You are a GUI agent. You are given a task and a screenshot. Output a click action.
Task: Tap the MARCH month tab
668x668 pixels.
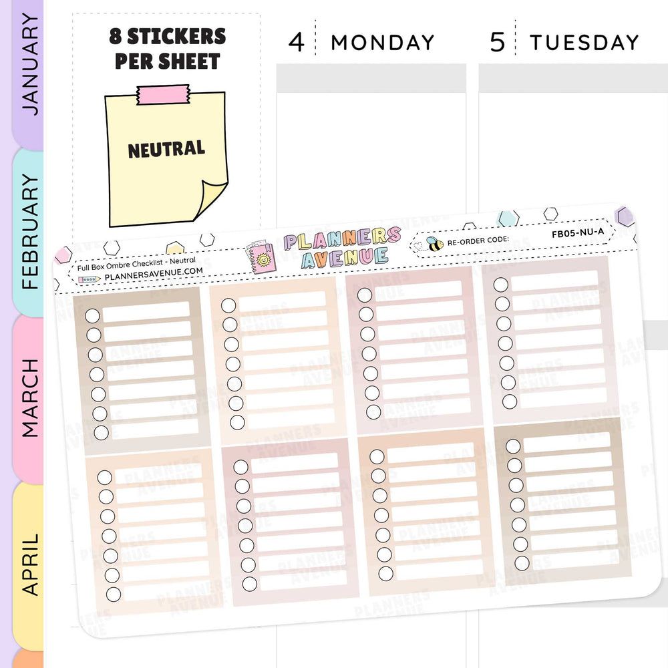(30, 397)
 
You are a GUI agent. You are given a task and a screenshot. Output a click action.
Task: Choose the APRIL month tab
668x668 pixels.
(30, 564)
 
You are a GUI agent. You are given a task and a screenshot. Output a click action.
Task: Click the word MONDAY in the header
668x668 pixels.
(383, 43)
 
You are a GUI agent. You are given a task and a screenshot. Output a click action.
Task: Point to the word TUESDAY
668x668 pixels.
(584, 43)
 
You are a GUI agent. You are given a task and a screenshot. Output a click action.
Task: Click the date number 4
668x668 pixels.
(296, 43)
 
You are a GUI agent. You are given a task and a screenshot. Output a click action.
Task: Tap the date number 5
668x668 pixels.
(498, 43)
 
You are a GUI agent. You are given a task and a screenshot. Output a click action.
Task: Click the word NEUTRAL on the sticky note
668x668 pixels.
(166, 149)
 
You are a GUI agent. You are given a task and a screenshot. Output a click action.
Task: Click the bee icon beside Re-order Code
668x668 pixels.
(434, 243)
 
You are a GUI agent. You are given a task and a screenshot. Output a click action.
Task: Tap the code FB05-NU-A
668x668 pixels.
(578, 234)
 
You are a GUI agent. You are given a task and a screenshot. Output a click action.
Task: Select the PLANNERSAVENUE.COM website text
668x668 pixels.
(154, 271)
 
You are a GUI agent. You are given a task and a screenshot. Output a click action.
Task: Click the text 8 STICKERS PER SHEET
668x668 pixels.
(167, 48)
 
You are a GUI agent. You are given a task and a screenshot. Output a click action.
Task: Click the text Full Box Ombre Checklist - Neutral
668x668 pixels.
(136, 261)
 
